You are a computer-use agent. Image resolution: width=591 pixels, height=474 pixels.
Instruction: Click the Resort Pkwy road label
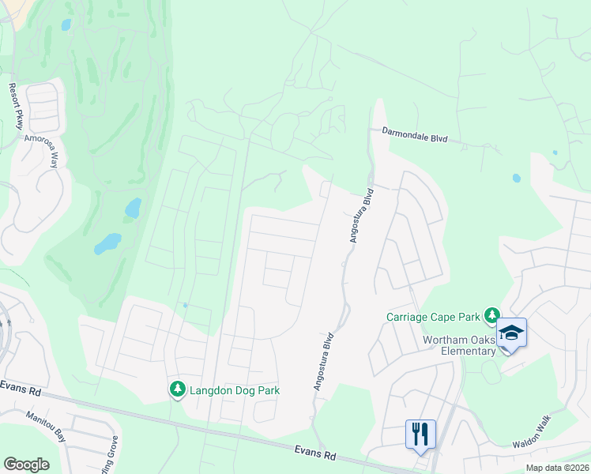(x=17, y=106)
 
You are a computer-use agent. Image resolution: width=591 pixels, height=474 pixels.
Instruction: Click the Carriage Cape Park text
(x=433, y=317)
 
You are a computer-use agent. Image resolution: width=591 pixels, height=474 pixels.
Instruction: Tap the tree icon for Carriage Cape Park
(x=492, y=316)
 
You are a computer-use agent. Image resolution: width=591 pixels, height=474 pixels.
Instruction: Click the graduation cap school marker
(x=511, y=333)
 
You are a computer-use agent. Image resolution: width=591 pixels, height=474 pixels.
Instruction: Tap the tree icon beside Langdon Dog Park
(x=178, y=389)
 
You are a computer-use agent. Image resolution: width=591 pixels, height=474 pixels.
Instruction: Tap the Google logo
(x=26, y=465)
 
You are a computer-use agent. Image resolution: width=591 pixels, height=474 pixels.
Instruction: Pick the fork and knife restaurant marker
(x=420, y=434)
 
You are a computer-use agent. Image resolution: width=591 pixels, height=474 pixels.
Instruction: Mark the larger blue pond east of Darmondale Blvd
(x=517, y=178)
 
